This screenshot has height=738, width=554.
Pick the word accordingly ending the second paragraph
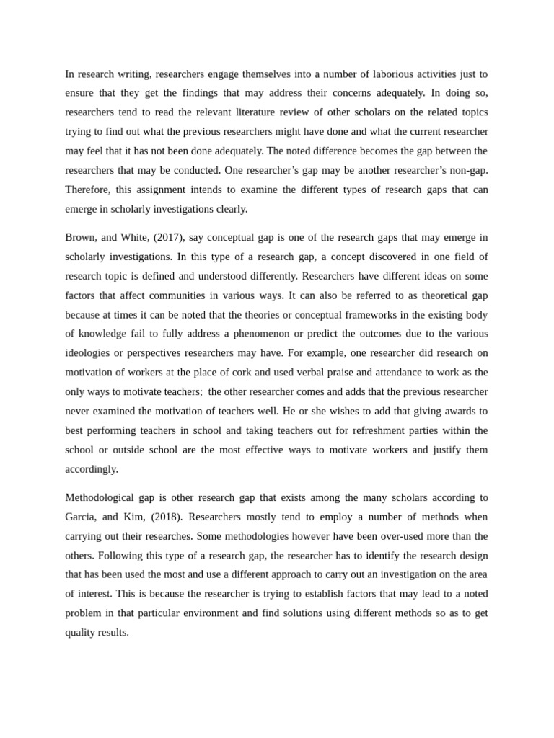92,469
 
